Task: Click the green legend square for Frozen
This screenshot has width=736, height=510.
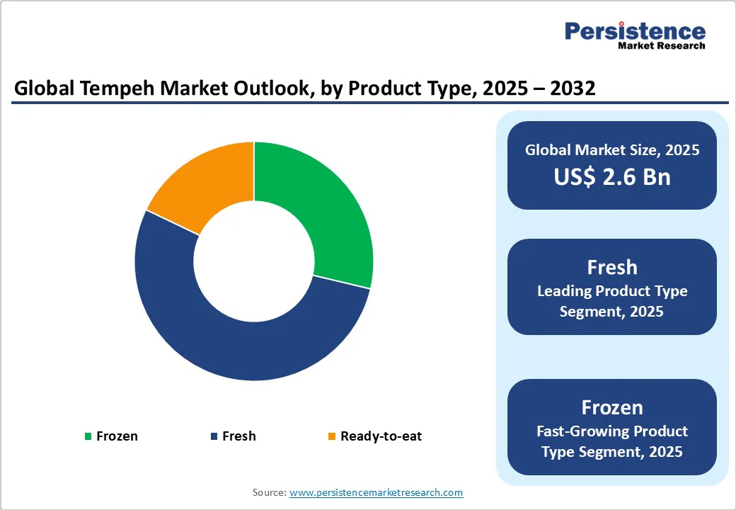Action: pyautogui.click(x=88, y=436)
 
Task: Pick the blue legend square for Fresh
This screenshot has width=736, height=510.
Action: pyautogui.click(x=214, y=436)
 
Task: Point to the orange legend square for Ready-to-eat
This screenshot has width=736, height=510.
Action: pyautogui.click(x=331, y=436)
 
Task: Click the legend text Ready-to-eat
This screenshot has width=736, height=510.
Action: pyautogui.click(x=381, y=436)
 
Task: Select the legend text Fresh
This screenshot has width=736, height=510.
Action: pyautogui.click(x=239, y=436)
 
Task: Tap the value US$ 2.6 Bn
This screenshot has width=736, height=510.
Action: pyautogui.click(x=611, y=176)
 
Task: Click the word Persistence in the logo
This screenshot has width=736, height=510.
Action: pyautogui.click(x=635, y=31)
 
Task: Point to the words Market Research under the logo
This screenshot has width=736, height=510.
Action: pyautogui.click(x=661, y=46)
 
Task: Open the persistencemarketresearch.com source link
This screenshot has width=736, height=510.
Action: pyautogui.click(x=376, y=492)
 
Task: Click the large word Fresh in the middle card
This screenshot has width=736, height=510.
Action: pyautogui.click(x=611, y=267)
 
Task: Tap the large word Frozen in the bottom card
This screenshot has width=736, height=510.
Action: pyautogui.click(x=611, y=407)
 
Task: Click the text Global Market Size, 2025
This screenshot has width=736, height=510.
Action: pyautogui.click(x=611, y=150)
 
